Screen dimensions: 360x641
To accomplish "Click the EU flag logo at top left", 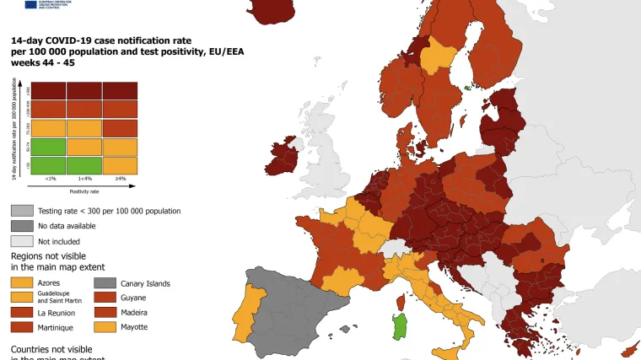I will click(x=30, y=4).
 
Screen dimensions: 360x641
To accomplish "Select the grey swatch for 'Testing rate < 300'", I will click(x=22, y=211).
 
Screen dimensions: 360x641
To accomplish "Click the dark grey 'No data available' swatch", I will click(x=22, y=226).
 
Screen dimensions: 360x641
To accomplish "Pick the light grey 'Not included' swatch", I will click(x=22, y=241).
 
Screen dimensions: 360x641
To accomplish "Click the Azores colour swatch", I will click(x=22, y=283).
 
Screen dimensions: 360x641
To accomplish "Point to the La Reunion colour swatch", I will click(x=22, y=312).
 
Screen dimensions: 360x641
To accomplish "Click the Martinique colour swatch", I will click(x=22, y=326).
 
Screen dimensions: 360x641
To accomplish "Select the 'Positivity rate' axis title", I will click(x=85, y=191).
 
